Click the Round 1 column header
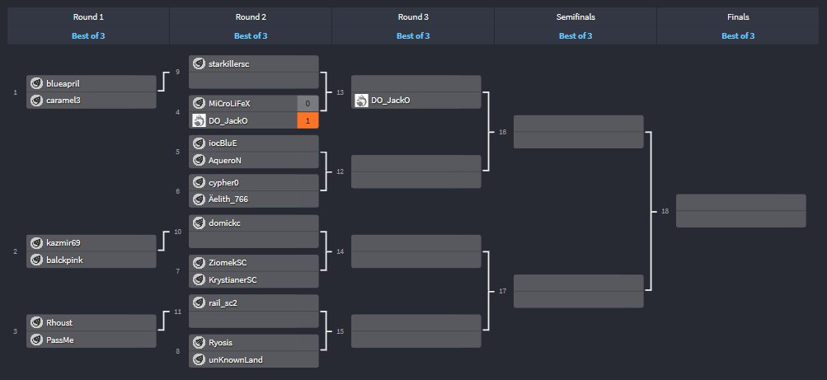tap(87, 16)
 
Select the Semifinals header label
tap(575, 16)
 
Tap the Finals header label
tap(737, 16)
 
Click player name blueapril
tap(63, 84)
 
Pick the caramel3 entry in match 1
tap(63, 100)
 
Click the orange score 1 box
tap(308, 120)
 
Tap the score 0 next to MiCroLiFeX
tap(308, 104)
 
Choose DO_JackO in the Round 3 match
tap(390, 101)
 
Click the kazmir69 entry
tap(63, 243)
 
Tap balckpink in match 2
tap(64, 260)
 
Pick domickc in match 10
tap(224, 223)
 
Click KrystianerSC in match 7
tap(233, 279)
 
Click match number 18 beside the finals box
tap(665, 212)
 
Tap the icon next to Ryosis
tap(199, 342)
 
